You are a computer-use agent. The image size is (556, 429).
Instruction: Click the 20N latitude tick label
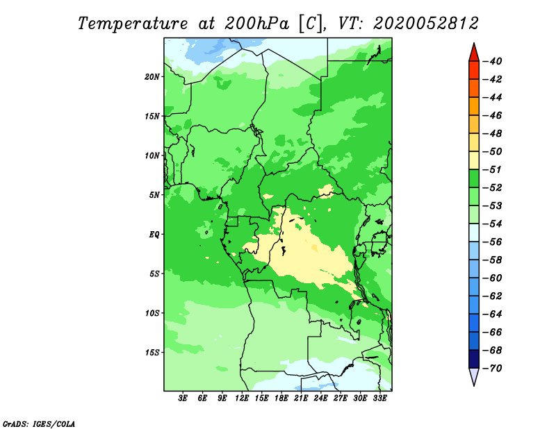(152, 77)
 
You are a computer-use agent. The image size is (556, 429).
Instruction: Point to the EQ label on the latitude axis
(154, 235)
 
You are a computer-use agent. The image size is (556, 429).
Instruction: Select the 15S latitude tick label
(152, 353)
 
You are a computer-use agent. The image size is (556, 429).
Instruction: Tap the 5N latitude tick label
(154, 195)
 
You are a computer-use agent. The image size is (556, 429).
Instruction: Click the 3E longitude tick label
(183, 398)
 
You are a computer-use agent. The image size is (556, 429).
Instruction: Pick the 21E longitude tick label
(301, 398)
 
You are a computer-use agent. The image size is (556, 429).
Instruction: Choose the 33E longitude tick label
(379, 398)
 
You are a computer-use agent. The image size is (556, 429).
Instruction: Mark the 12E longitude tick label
(242, 398)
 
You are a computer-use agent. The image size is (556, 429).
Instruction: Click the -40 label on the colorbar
(493, 61)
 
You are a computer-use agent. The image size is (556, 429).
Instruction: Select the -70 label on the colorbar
(493, 369)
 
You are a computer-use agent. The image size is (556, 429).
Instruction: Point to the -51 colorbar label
(493, 169)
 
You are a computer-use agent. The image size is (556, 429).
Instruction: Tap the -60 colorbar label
(493, 278)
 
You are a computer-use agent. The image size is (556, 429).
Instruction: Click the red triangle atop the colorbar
(474, 53)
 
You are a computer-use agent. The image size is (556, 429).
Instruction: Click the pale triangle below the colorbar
(474, 376)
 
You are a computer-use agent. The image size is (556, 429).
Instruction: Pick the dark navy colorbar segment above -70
(474, 359)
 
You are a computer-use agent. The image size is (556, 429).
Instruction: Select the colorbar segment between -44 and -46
(474, 106)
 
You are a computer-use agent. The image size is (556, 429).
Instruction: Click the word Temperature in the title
(133, 24)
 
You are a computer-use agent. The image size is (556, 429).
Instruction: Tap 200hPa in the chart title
(256, 24)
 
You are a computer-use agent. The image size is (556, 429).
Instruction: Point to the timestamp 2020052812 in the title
(426, 24)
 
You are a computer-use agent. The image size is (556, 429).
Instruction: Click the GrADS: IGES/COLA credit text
(39, 424)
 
